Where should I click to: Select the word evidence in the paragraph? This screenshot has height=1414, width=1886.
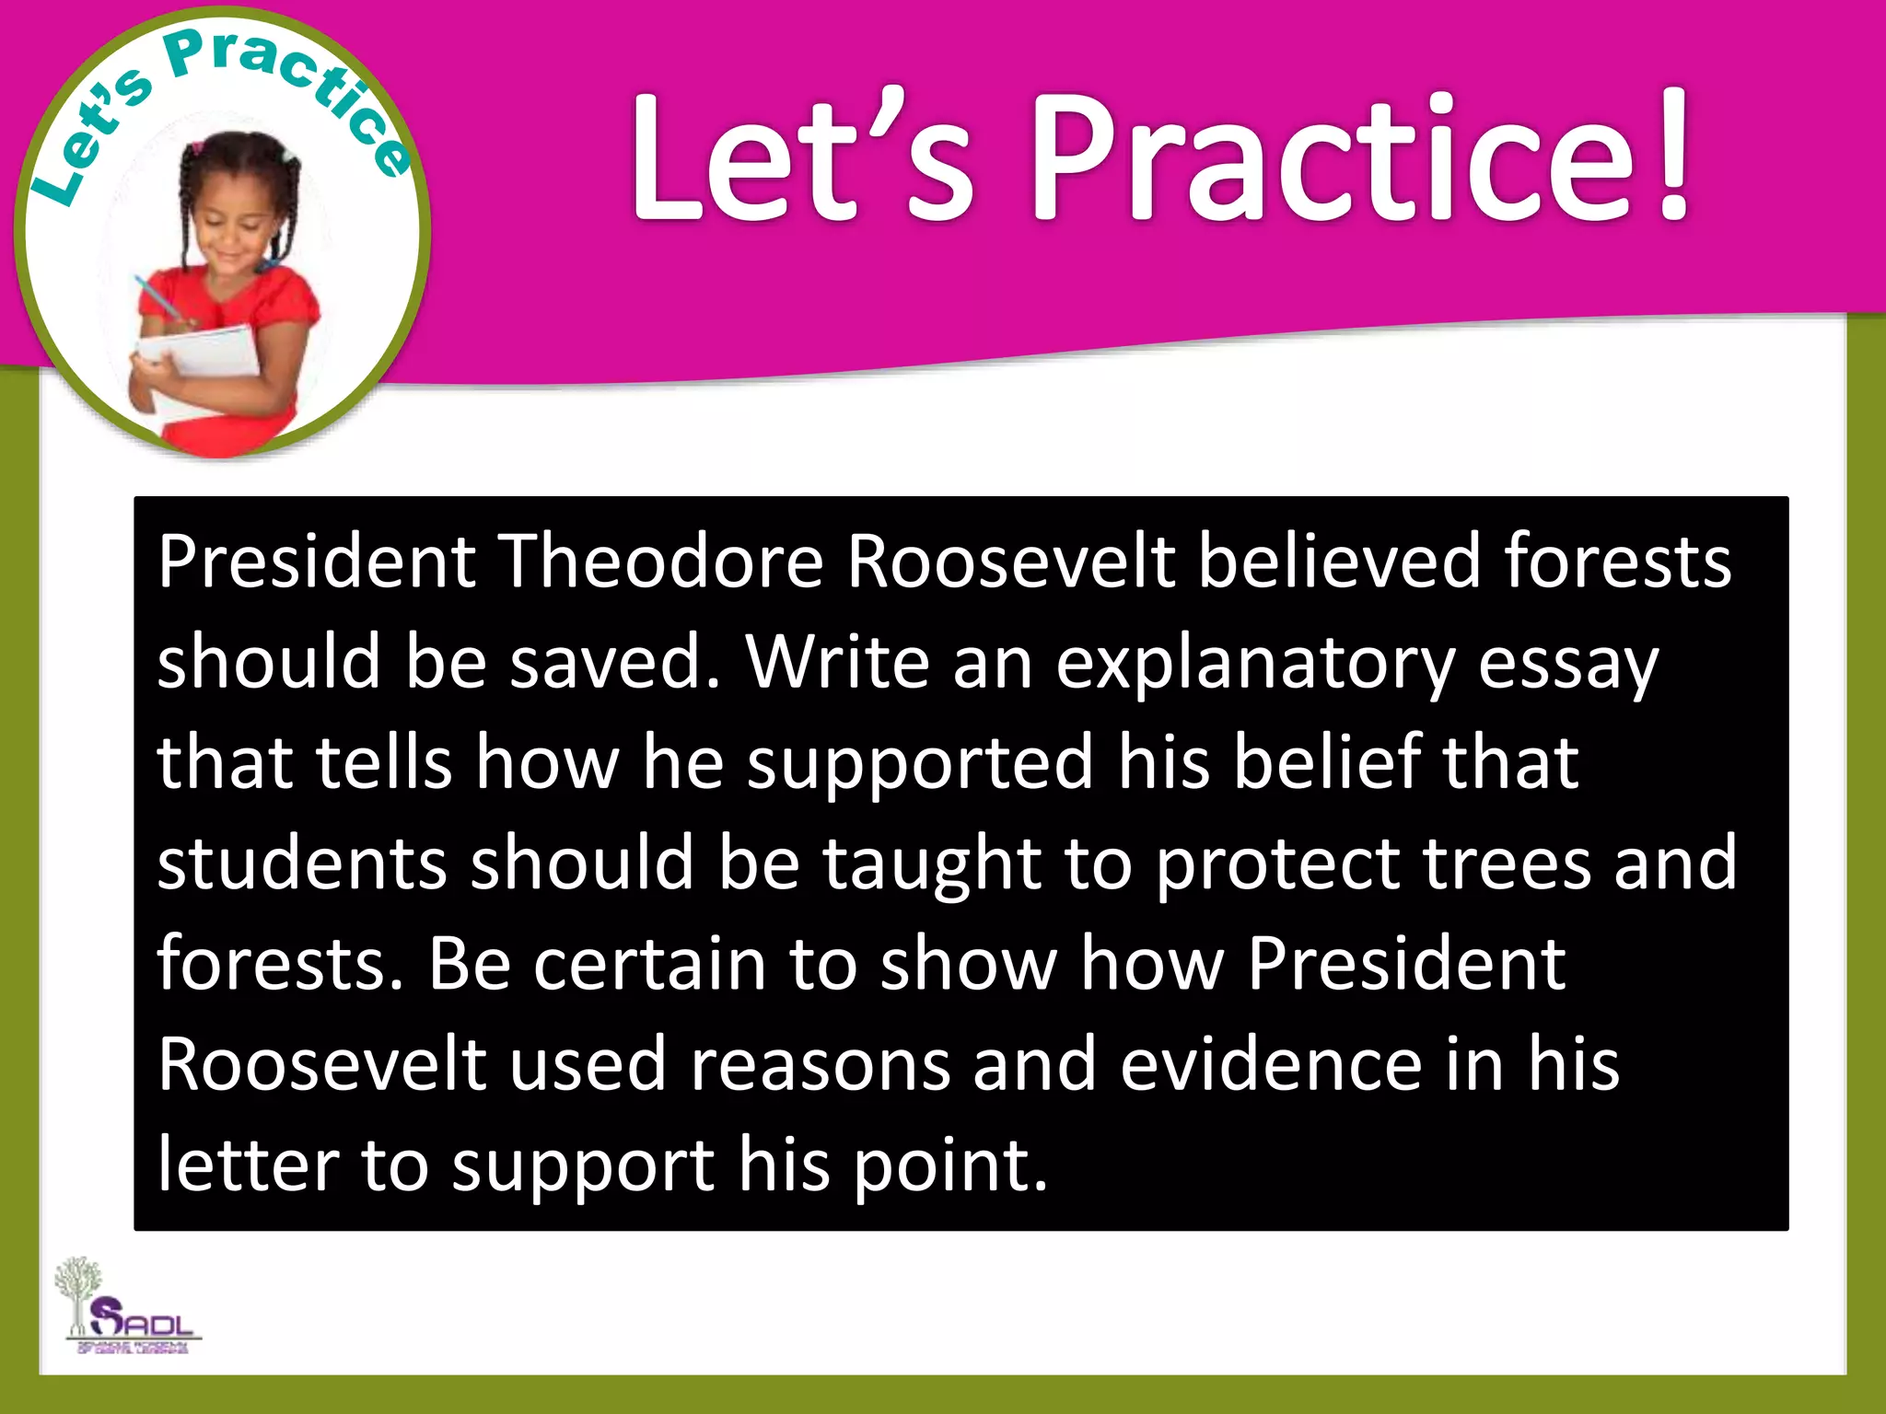coord(1271,1064)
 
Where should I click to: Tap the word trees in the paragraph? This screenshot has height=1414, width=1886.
coord(1507,863)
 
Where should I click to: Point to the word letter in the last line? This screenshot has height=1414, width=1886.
coord(248,1165)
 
